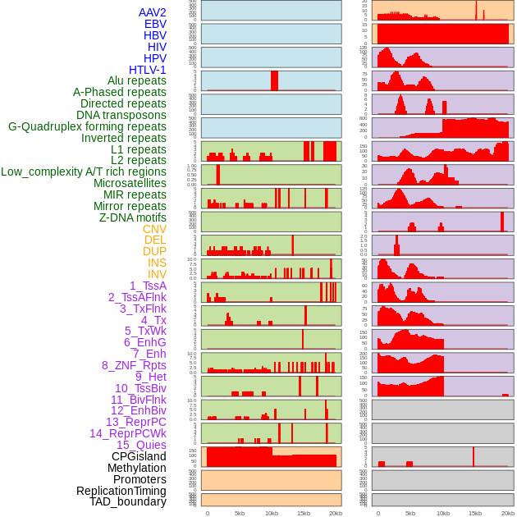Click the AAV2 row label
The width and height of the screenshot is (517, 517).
pos(152,12)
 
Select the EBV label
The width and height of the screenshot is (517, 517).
pos(154,24)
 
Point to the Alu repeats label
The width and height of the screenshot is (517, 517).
pos(136,80)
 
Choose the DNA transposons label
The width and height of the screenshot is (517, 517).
pos(121,115)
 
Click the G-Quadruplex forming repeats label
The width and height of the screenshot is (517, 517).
pos(87,126)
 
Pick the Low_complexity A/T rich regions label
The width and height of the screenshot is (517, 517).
pos(84,172)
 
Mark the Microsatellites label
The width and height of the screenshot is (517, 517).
pos(130,183)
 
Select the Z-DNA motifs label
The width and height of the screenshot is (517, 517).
pos(132,217)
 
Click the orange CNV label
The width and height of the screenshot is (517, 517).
pos(154,229)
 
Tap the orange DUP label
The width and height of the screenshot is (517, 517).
pos(154,251)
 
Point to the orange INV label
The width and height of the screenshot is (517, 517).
pos(157,274)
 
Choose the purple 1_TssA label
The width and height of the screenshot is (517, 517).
pos(148,286)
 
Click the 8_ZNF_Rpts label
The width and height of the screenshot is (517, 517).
pos(134,365)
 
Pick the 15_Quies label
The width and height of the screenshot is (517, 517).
pos(141,445)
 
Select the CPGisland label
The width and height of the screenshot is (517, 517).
pos(139,456)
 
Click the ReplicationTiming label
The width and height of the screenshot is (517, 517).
pos(121,491)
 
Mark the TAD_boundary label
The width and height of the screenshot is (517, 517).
pos(127,501)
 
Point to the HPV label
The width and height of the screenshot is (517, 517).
pos(154,58)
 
